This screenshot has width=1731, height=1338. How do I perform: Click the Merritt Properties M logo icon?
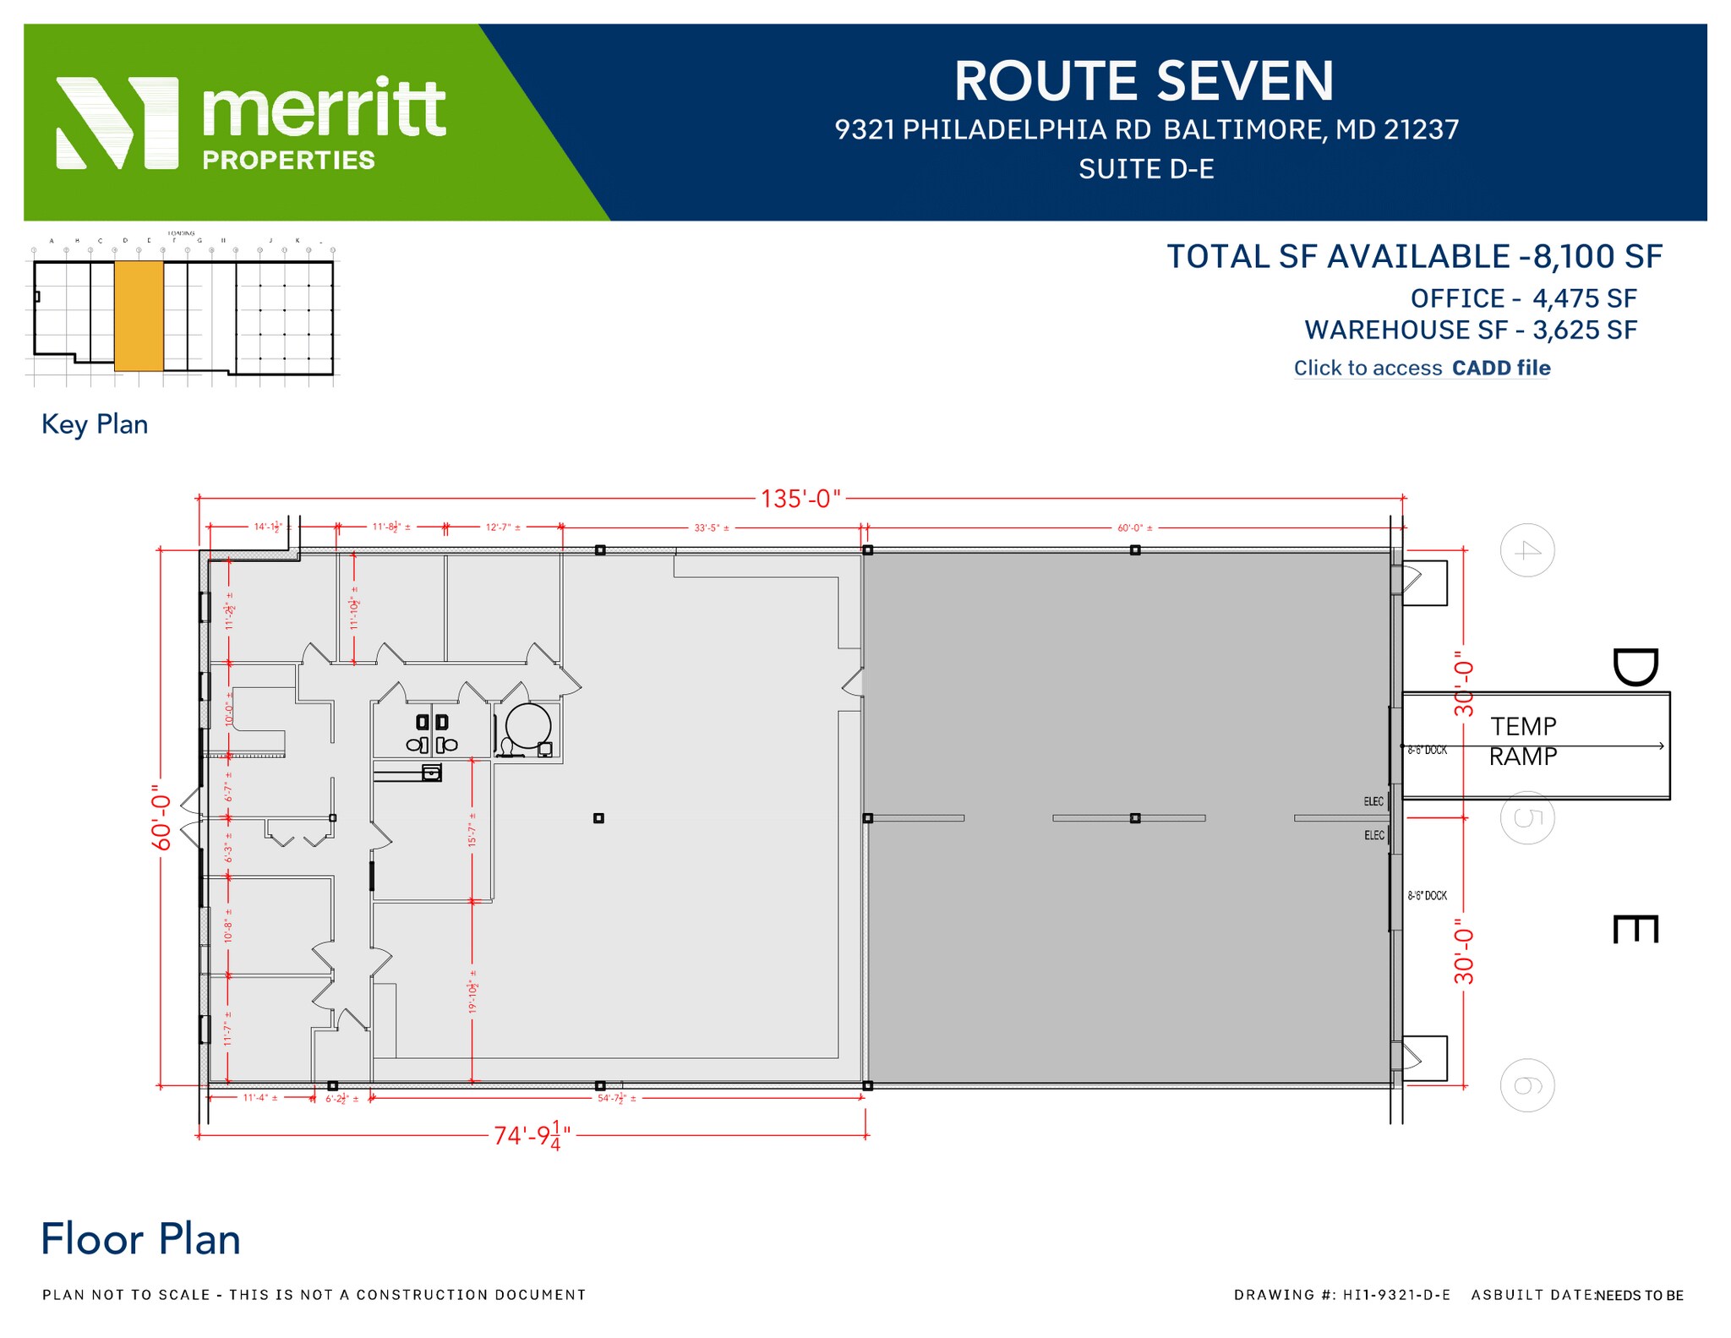coord(117,123)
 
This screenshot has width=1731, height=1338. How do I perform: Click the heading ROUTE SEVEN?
coord(1144,82)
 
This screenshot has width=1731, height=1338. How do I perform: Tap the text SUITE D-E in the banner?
coord(1146,170)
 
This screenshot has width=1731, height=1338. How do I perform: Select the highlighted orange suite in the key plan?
coord(139,316)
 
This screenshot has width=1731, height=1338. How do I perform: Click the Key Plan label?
coord(95,424)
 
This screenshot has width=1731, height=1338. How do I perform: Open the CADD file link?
coord(1500,369)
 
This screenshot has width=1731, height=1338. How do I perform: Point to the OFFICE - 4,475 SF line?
coord(1523,298)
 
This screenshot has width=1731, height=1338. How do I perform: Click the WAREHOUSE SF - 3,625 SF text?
coord(1471,330)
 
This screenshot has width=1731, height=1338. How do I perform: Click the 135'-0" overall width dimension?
coord(800,499)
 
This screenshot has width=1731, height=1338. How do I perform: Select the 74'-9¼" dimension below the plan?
coord(532,1135)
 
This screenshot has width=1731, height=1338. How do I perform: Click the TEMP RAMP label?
coord(1523,741)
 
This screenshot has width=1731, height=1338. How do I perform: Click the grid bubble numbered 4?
coord(1526,551)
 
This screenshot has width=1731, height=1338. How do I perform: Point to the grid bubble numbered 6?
coord(1526,1085)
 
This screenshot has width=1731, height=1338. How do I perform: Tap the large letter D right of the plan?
coord(1635,668)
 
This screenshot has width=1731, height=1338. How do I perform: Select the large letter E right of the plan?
coord(1635,929)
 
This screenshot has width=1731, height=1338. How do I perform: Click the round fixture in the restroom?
coord(528,725)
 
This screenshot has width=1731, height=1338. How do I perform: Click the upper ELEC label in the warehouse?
coord(1373,801)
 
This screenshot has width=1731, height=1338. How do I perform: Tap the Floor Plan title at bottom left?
coord(140,1240)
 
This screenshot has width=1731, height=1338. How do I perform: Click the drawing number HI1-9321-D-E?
coord(1395,1295)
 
